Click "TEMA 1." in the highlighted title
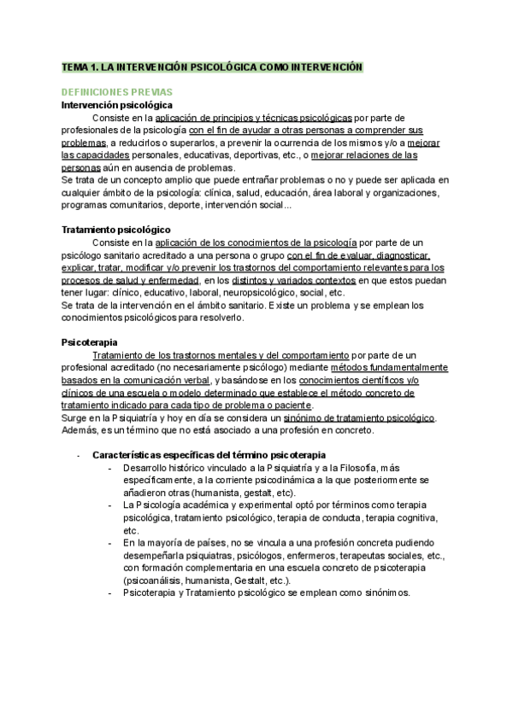pos(80,67)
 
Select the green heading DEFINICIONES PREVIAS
pos(117,91)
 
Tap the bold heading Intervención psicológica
pos(117,104)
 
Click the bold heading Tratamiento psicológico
pos(116,230)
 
